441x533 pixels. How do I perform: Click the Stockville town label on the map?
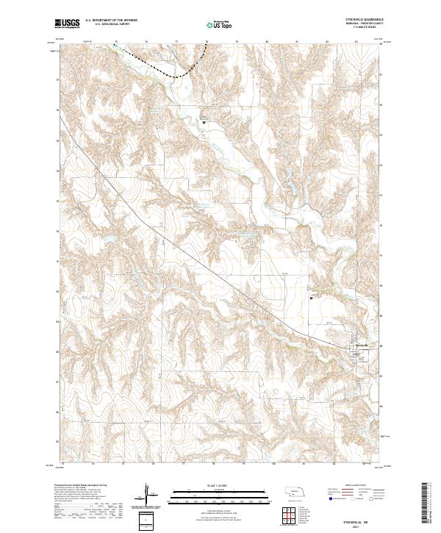(361, 346)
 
